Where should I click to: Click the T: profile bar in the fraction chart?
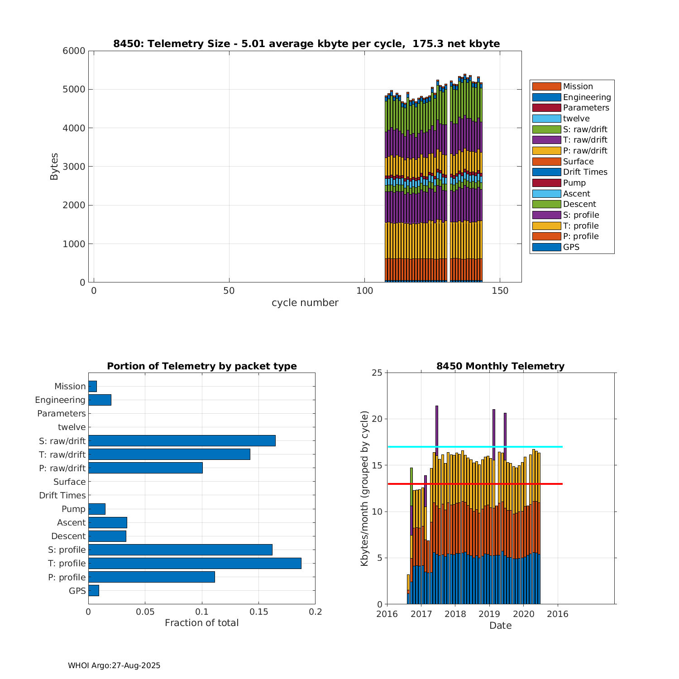click(195, 563)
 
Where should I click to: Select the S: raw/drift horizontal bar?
click(182, 440)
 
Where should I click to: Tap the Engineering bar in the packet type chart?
click(100, 400)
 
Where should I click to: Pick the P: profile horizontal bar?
click(151, 577)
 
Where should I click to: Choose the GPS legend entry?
click(571, 247)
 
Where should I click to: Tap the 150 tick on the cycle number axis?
click(500, 291)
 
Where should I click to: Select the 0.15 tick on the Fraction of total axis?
click(258, 612)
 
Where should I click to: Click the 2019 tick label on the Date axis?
click(489, 614)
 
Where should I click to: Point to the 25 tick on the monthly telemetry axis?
click(377, 373)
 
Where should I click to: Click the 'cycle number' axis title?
click(305, 303)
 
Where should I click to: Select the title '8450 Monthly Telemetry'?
click(500, 366)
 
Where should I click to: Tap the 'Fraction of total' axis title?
click(201, 623)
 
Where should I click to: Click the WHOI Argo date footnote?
click(114, 665)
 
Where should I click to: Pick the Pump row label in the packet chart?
click(73, 509)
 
